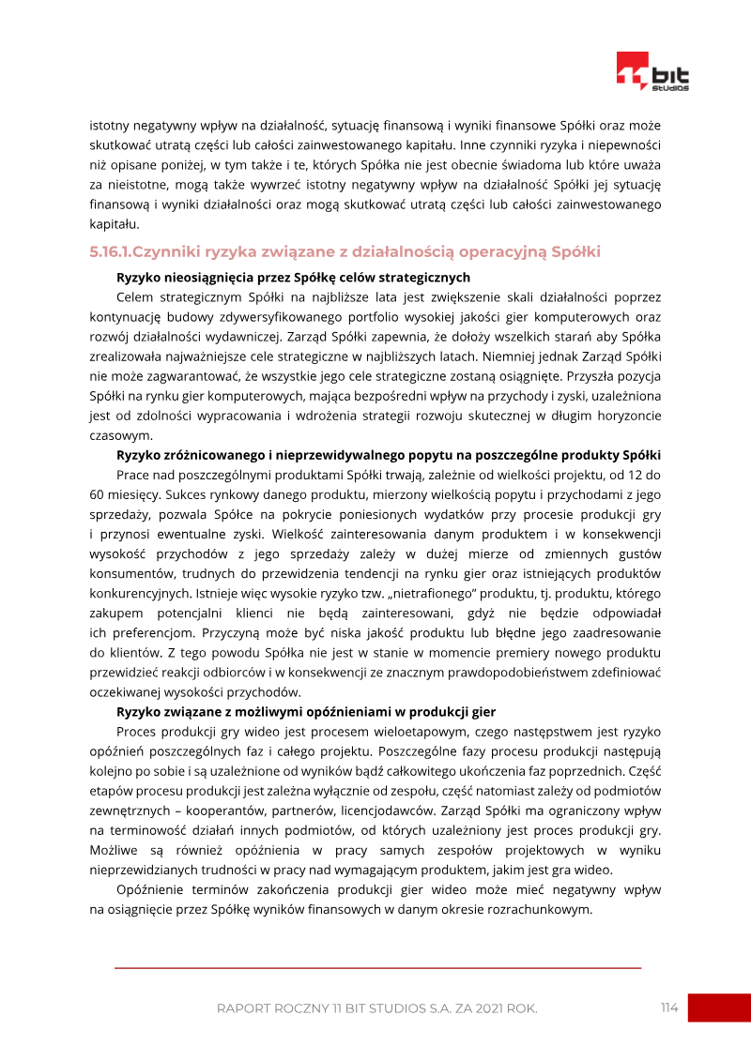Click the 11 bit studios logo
point(652,71)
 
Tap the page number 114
point(668,1008)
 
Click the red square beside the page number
point(719,1008)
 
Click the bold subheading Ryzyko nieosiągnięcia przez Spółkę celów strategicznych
point(293,278)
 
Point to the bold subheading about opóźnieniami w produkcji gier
point(305,712)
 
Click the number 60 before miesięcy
point(97,494)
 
